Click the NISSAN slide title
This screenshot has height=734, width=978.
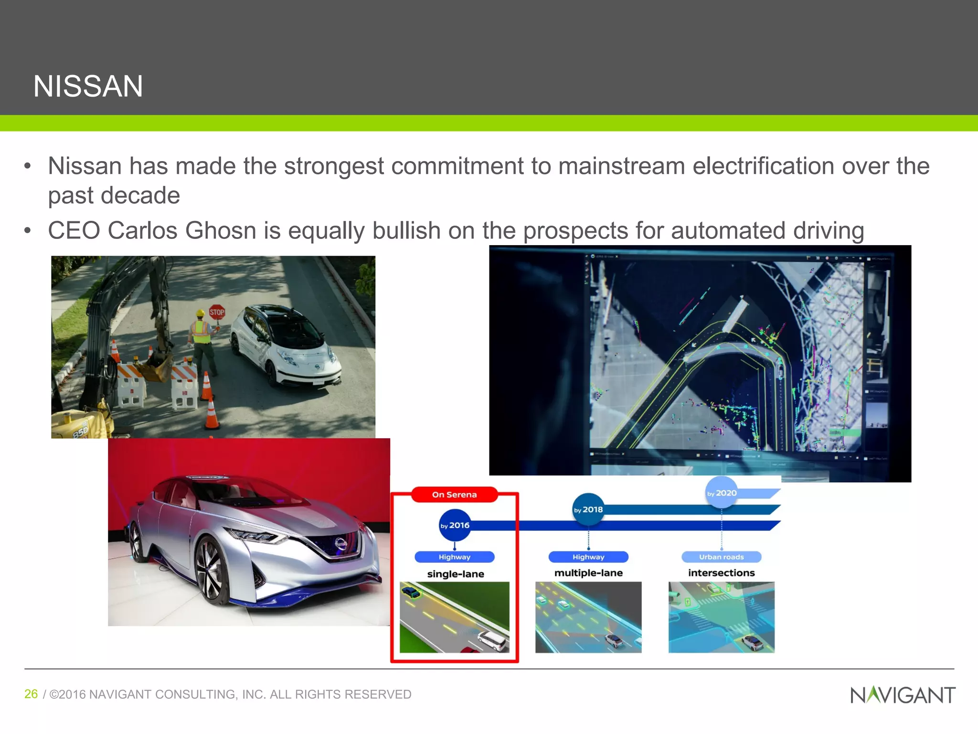pyautogui.click(x=88, y=86)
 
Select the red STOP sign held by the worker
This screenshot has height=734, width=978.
pyautogui.click(x=217, y=313)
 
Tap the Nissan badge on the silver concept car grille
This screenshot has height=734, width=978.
pyautogui.click(x=340, y=544)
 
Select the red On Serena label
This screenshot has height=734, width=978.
pyautogui.click(x=454, y=495)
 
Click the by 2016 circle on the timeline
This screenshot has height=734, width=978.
pyautogui.click(x=455, y=525)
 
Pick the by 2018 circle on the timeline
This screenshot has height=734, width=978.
pyautogui.click(x=588, y=509)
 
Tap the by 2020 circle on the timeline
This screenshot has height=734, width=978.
pyautogui.click(x=722, y=493)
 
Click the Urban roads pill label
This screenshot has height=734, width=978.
pyautogui.click(x=721, y=557)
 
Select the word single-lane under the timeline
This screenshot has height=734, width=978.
pyautogui.click(x=456, y=574)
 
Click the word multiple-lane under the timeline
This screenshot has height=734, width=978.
pyautogui.click(x=588, y=573)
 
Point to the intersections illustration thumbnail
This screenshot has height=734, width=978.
pyautogui.click(x=721, y=617)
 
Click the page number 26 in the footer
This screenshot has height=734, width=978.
pyautogui.click(x=31, y=694)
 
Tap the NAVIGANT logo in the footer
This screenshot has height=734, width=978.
pyautogui.click(x=903, y=695)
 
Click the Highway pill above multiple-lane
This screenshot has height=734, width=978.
pyautogui.click(x=588, y=557)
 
